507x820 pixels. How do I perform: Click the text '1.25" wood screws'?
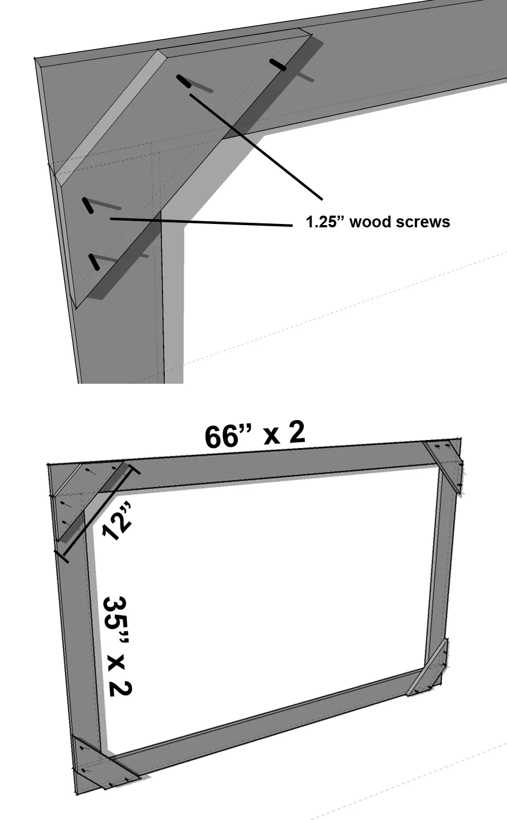[377, 222]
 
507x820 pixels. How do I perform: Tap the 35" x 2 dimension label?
[116, 646]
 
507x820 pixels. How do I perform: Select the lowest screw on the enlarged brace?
[95, 261]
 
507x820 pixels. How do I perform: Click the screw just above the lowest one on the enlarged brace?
[88, 206]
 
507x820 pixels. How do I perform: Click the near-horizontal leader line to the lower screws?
[201, 222]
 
